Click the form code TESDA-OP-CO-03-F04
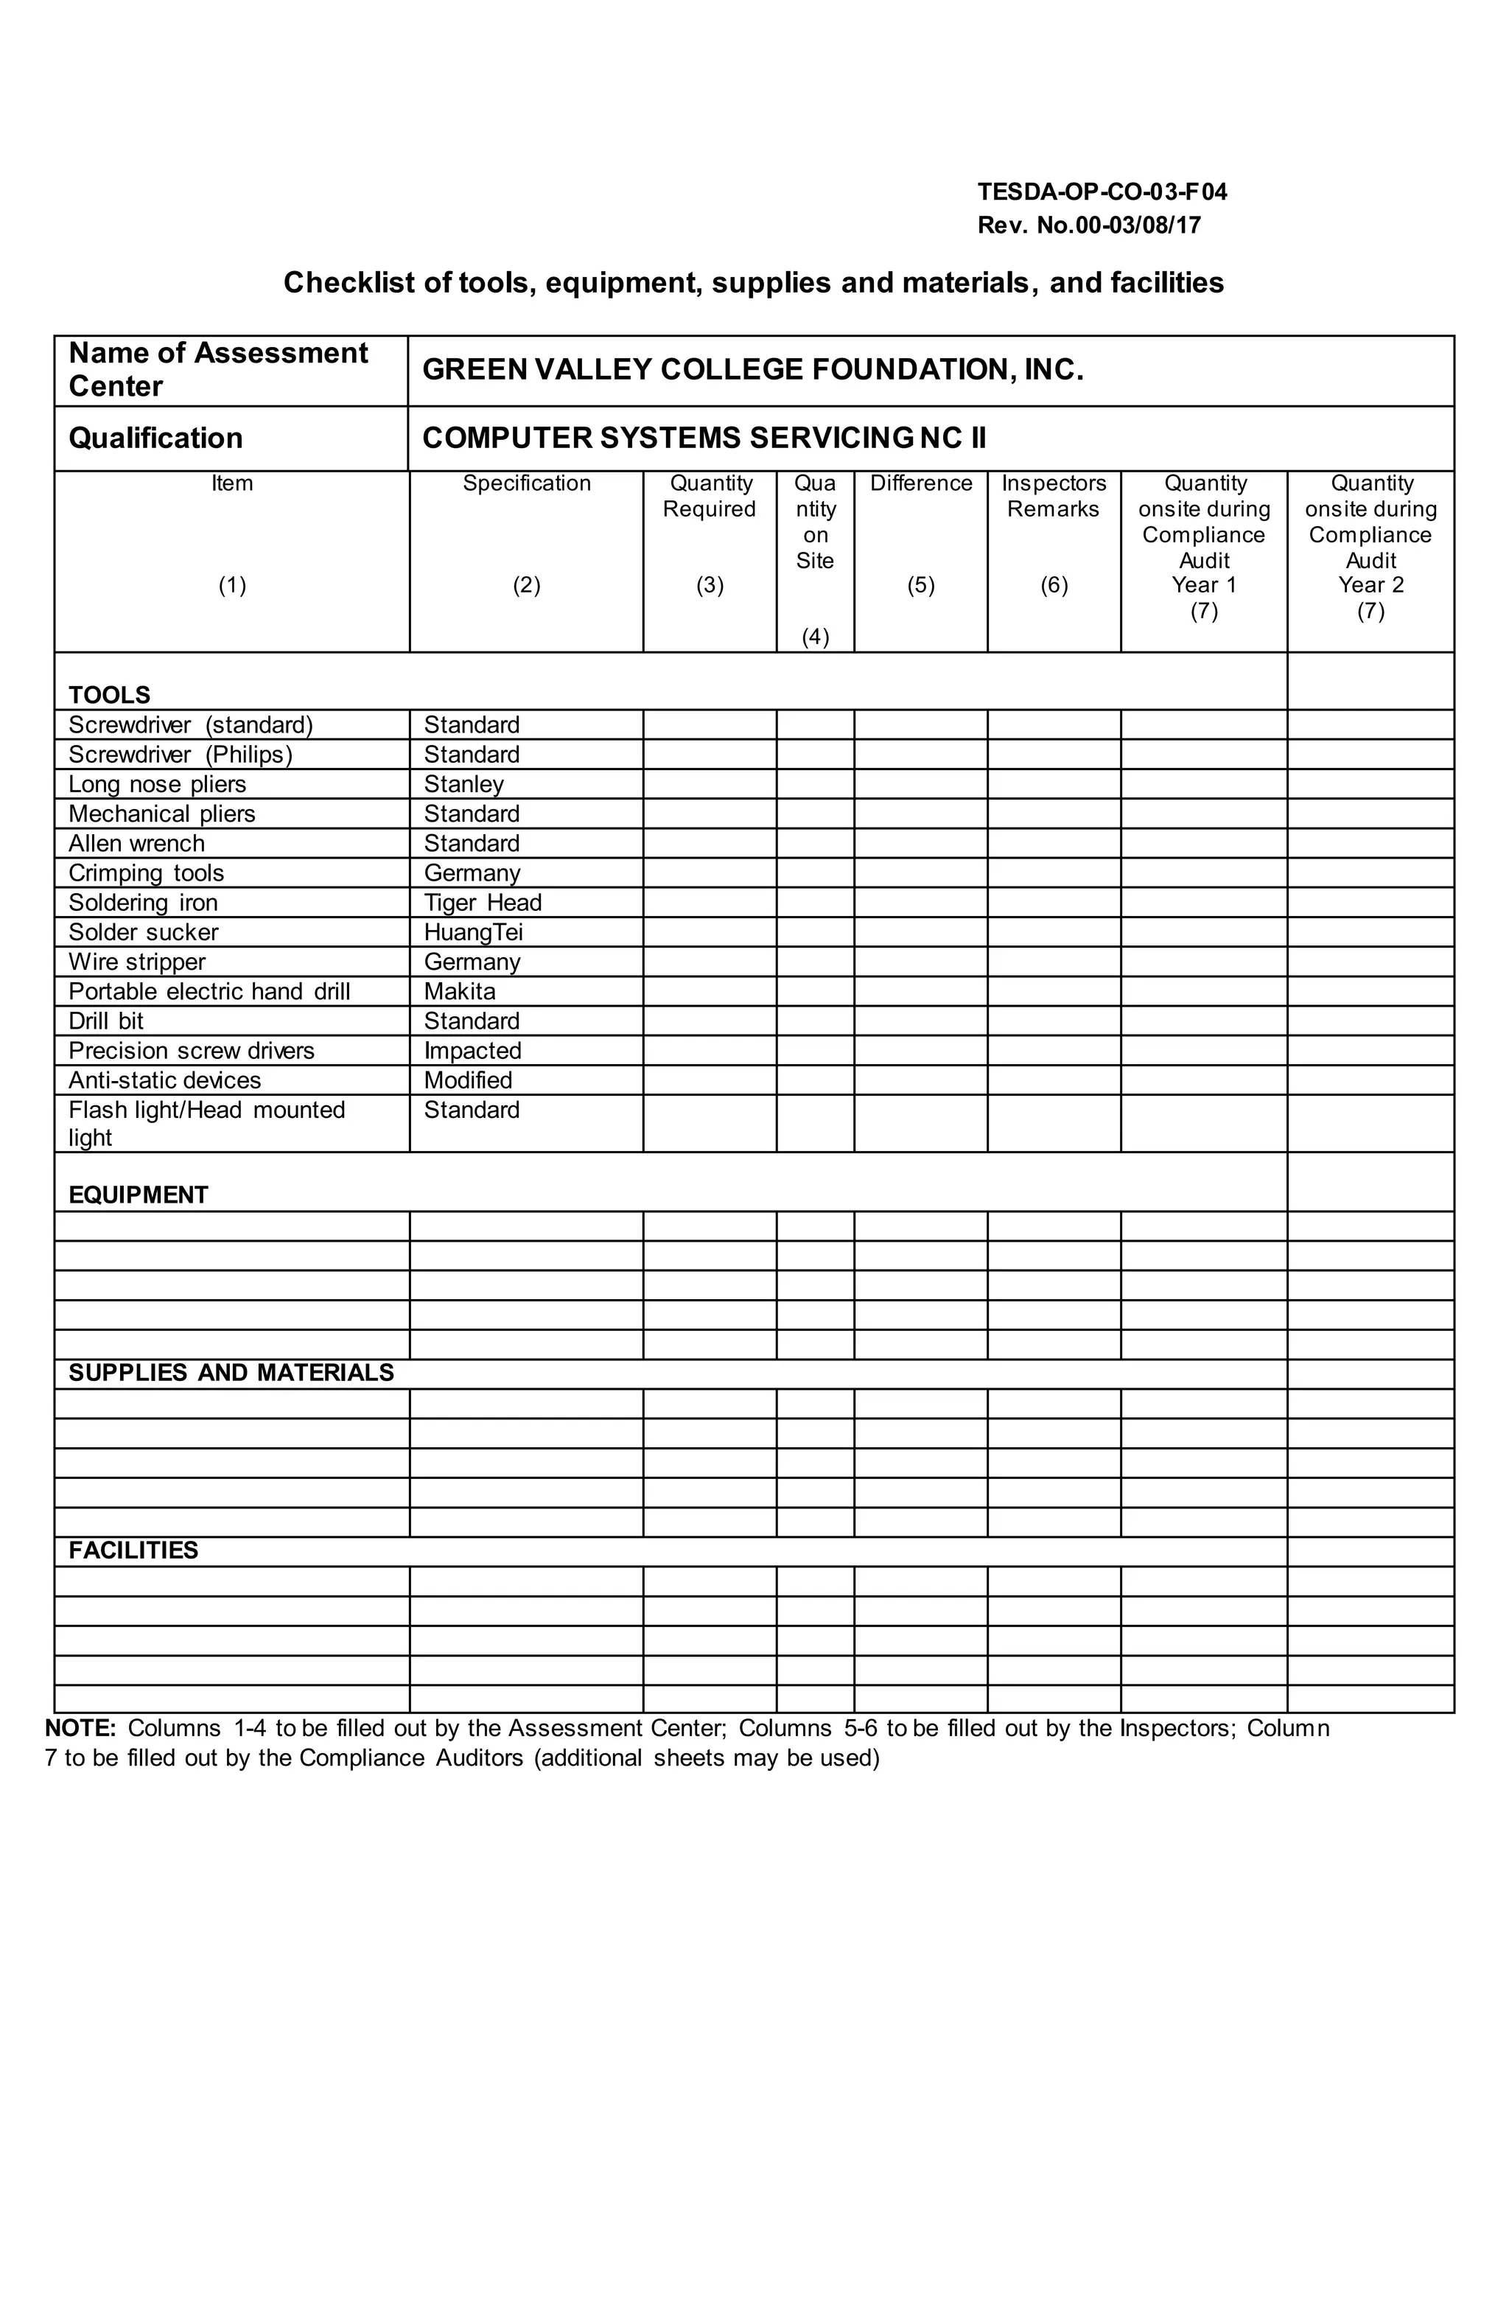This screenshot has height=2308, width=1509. click(x=1102, y=192)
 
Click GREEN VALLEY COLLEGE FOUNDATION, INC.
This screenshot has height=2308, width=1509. click(x=752, y=369)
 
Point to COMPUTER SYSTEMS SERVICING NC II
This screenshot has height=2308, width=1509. click(x=704, y=438)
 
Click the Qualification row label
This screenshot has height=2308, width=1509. click(x=155, y=438)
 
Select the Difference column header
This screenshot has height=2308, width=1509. click(x=920, y=483)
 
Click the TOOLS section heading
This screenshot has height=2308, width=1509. click(x=110, y=696)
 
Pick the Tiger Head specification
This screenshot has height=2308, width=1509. click(x=482, y=903)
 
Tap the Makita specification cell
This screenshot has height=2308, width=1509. click(x=460, y=991)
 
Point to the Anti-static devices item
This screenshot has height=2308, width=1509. click(x=165, y=1080)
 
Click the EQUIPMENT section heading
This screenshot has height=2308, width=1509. click(x=139, y=1195)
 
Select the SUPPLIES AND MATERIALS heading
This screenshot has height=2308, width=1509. click(x=231, y=1372)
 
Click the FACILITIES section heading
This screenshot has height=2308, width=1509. click(x=133, y=1550)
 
